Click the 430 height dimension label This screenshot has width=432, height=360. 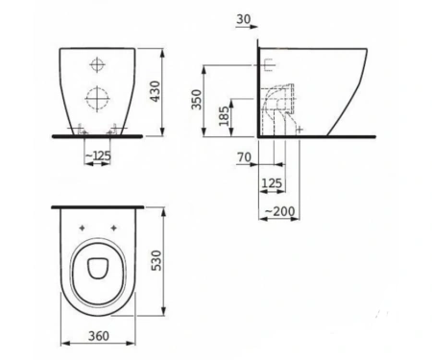(x=155, y=91)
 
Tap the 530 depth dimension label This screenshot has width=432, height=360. (x=156, y=260)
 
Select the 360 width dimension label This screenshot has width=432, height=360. (x=99, y=336)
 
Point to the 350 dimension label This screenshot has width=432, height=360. (x=197, y=99)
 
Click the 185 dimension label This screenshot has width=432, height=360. (x=224, y=116)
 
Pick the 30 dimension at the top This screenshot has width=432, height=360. (x=244, y=19)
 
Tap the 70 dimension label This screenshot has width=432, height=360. (x=244, y=157)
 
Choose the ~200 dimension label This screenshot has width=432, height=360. (x=280, y=211)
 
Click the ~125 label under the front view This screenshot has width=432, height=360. (x=98, y=156)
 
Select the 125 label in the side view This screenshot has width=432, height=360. (x=272, y=183)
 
